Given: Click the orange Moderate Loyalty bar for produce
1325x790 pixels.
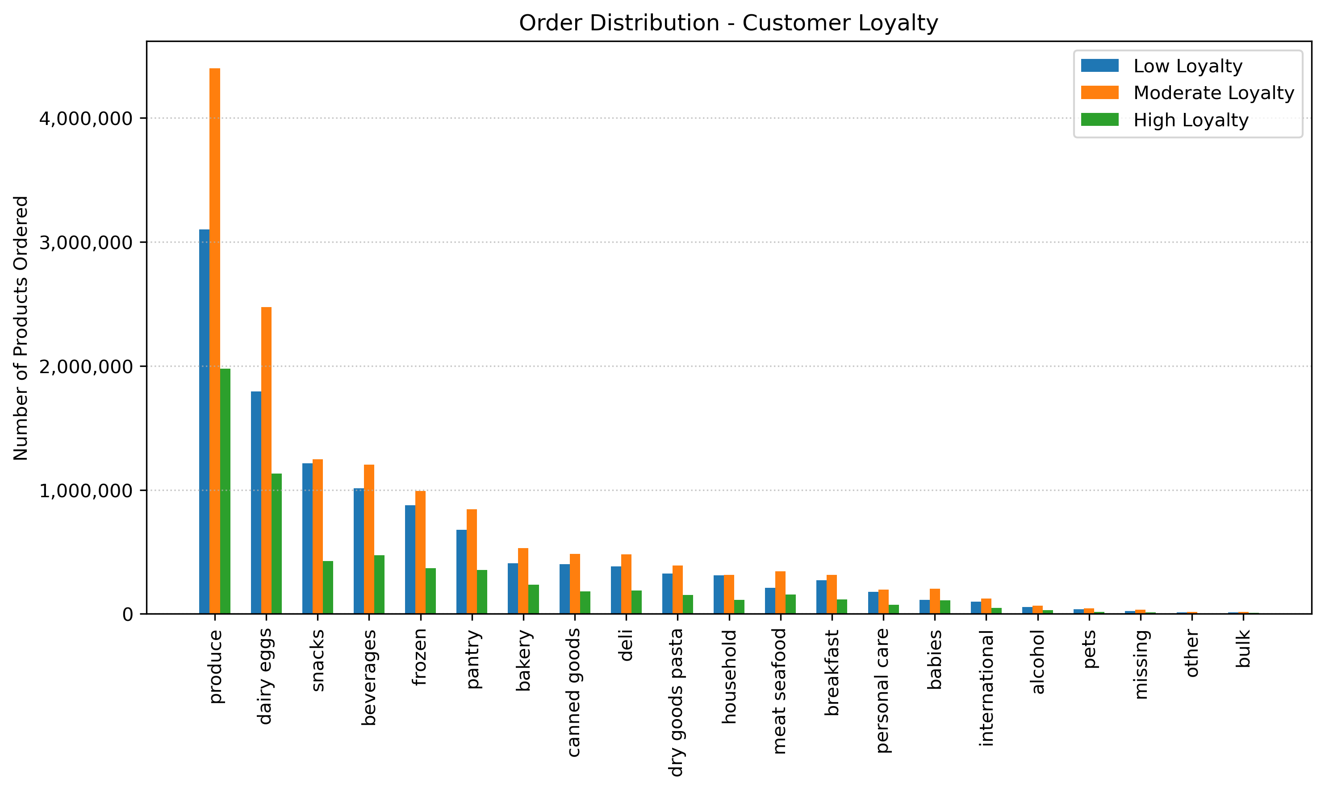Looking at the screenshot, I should (x=215, y=341).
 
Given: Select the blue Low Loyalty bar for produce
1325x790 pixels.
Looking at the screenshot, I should (x=205, y=421).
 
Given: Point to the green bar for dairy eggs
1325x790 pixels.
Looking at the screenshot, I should (x=276, y=544).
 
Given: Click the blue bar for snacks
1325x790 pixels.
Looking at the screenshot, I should (x=307, y=538).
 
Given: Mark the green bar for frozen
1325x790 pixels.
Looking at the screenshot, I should (x=431, y=591).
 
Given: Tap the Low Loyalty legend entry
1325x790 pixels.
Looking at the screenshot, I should (x=1187, y=66).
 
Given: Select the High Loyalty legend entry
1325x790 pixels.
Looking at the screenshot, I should (x=1190, y=121).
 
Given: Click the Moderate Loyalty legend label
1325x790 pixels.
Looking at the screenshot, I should (x=1214, y=93).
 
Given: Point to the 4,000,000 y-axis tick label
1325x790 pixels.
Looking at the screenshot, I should (x=86, y=118).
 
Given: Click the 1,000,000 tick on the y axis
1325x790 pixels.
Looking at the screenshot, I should (x=86, y=490).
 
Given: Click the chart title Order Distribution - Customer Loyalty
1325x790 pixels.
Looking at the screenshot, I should (x=728, y=23).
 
